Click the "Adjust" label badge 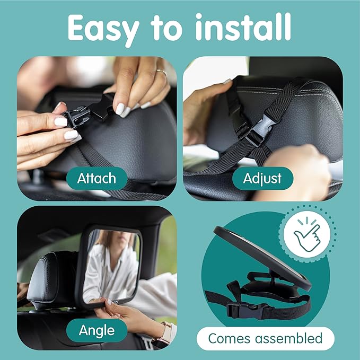click(262, 178)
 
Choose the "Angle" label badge click(97, 330)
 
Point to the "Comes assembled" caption click(265, 338)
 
